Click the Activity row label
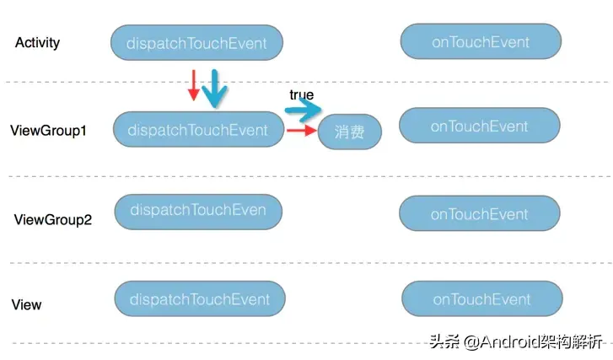pyautogui.click(x=37, y=42)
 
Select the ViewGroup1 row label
pyautogui.click(x=48, y=131)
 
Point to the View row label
pyautogui.click(x=27, y=304)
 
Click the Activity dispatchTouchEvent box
pyautogui.click(x=196, y=43)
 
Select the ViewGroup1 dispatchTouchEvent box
pyautogui.click(x=197, y=130)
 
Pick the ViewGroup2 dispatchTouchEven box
pyautogui.click(x=198, y=211)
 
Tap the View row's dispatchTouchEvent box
pyautogui.click(x=200, y=299)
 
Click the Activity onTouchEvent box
pyautogui.click(x=481, y=41)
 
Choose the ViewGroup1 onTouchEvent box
pyautogui.click(x=479, y=126)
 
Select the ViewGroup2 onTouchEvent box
pyautogui.click(x=479, y=213)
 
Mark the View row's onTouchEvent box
pyautogui.click(x=481, y=299)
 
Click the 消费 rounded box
pyautogui.click(x=349, y=132)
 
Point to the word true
pyautogui.click(x=301, y=94)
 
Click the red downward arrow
pyautogui.click(x=194, y=85)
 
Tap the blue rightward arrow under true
pyautogui.click(x=304, y=110)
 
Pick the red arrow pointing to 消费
pyautogui.click(x=300, y=130)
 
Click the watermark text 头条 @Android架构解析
pyautogui.click(x=516, y=341)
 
